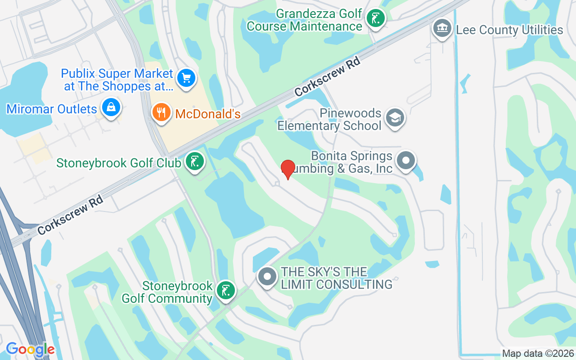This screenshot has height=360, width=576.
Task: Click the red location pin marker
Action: (x=288, y=169)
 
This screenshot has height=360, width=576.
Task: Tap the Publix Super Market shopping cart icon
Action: (x=186, y=79)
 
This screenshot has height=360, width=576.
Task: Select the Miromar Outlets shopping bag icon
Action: (x=111, y=108)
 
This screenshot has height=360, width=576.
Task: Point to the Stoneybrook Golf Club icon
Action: (x=194, y=162)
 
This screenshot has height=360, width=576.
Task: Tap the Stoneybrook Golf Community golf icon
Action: (x=225, y=290)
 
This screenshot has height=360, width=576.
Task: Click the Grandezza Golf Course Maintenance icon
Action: (x=375, y=19)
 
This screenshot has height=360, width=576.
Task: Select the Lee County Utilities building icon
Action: (x=442, y=28)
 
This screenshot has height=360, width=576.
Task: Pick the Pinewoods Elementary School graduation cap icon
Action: (x=395, y=118)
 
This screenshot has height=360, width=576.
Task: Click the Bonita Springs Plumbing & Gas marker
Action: (x=406, y=161)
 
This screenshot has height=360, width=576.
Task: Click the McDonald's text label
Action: (x=208, y=114)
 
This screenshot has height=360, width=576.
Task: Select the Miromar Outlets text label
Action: (x=52, y=109)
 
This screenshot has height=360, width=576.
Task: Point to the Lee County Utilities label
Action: (x=509, y=30)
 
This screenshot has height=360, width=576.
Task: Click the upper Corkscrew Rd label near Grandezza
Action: (x=328, y=79)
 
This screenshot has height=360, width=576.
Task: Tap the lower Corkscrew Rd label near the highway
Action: (x=71, y=215)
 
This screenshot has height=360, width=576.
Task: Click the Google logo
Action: (x=30, y=349)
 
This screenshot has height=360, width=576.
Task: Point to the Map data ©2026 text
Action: (x=538, y=354)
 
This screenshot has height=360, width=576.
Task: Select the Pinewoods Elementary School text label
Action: (x=329, y=119)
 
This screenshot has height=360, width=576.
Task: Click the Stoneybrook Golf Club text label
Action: (x=119, y=162)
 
